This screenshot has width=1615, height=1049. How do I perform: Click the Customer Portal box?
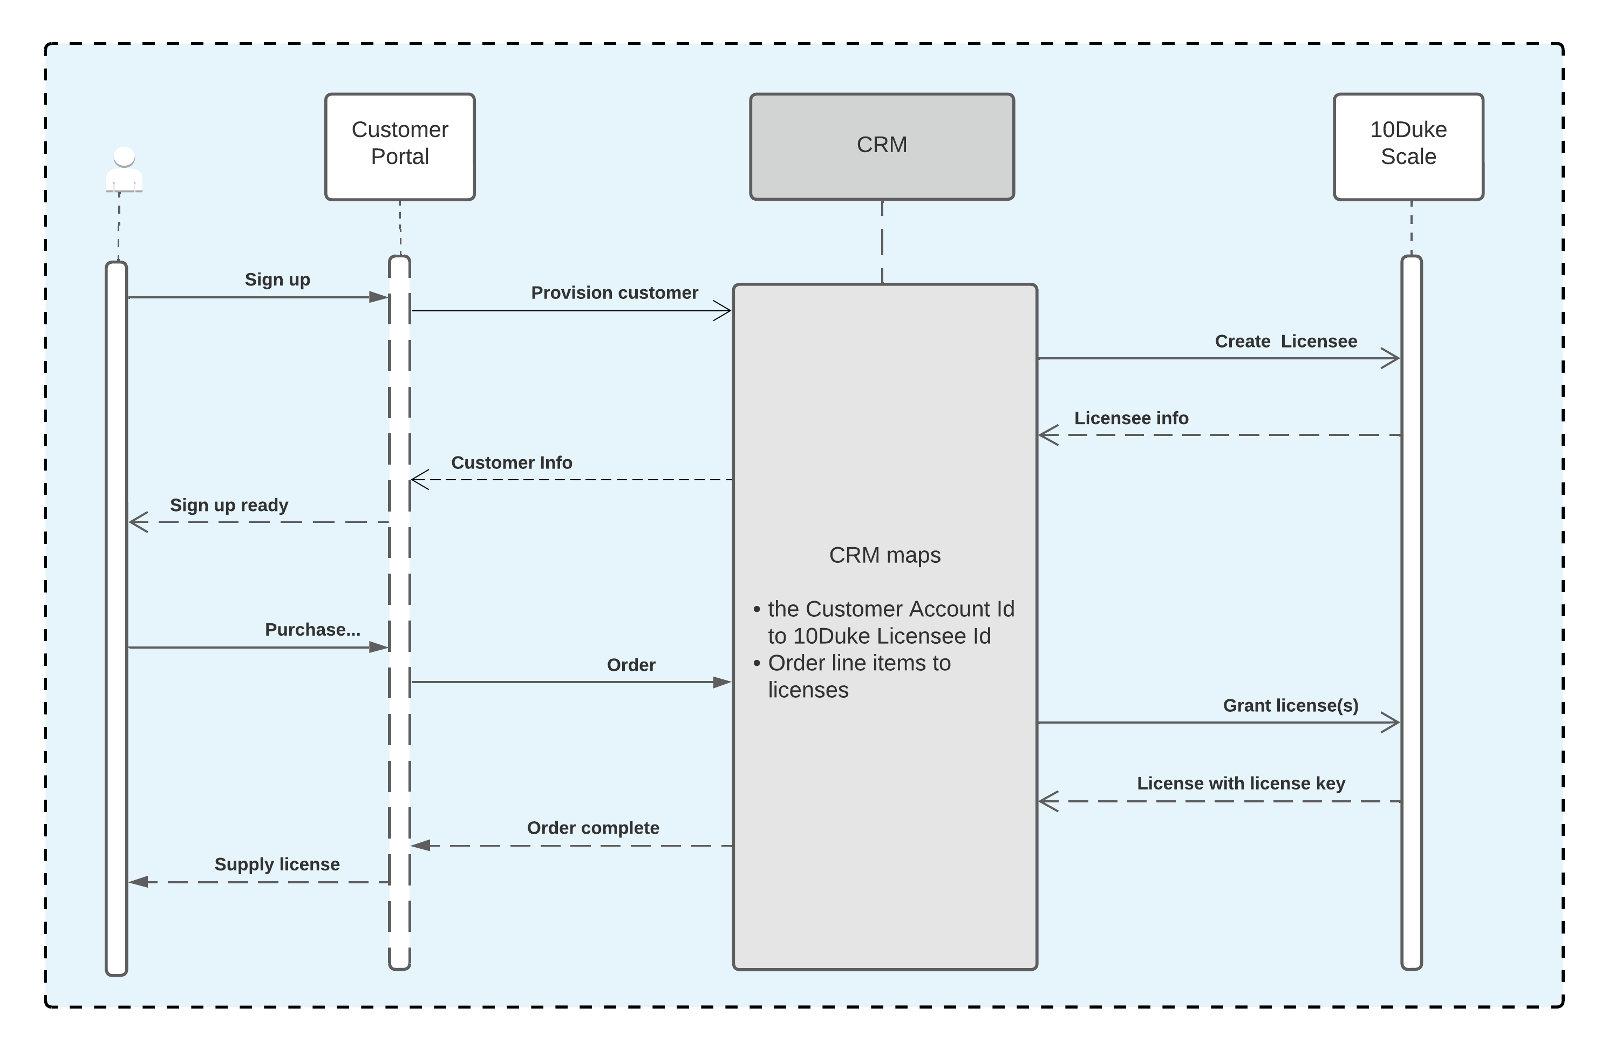(400, 147)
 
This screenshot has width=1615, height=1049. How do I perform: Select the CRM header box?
(882, 147)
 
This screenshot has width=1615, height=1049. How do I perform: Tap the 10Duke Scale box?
(1408, 147)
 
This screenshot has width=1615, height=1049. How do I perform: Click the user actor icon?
(124, 169)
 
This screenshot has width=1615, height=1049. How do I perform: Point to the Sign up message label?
(277, 280)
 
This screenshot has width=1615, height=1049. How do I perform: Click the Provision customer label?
(614, 292)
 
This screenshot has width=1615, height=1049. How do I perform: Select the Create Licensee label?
(1285, 341)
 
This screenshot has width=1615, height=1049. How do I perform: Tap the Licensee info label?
(1130, 418)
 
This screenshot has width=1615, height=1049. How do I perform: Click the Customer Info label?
(512, 463)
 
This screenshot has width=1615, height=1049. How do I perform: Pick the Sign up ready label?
(229, 505)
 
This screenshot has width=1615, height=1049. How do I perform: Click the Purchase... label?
(312, 630)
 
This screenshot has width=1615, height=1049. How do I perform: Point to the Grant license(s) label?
(1290, 706)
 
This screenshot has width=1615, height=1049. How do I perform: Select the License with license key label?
(1241, 783)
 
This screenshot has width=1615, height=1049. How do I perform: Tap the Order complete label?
(592, 828)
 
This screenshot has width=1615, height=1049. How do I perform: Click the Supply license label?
(277, 864)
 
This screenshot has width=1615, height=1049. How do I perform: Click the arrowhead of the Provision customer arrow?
(724, 311)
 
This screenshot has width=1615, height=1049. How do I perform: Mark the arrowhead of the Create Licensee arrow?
(1391, 358)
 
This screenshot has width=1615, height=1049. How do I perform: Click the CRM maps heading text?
(884, 555)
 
